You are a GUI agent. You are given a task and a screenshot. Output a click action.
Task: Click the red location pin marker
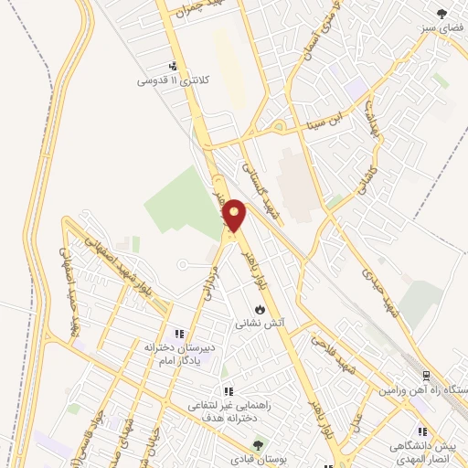click(x=235, y=216)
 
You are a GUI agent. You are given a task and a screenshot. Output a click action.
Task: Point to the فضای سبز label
click(x=438, y=27)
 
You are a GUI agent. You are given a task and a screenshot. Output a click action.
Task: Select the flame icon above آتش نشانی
click(x=260, y=309)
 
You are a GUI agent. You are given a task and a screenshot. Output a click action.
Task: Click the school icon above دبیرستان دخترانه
click(x=180, y=334)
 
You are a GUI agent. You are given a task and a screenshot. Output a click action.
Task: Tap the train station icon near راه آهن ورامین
click(x=426, y=376)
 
